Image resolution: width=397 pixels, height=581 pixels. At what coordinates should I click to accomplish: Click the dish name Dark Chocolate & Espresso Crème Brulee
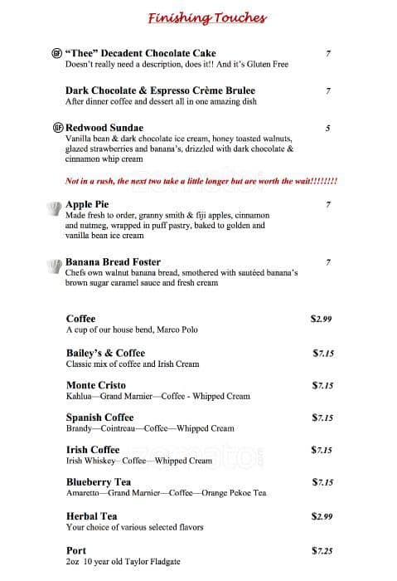click(148, 90)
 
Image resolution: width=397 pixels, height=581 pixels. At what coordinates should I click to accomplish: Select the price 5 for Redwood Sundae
click(328, 128)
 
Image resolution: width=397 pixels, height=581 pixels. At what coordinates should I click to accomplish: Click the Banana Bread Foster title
click(113, 262)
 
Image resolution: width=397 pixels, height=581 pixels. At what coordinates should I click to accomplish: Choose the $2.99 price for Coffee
click(322, 319)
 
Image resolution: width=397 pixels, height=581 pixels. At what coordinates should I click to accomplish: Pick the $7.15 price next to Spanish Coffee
click(322, 417)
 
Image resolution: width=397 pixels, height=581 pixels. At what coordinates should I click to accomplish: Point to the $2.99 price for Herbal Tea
click(322, 516)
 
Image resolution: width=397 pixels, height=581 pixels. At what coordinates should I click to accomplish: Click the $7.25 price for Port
click(322, 550)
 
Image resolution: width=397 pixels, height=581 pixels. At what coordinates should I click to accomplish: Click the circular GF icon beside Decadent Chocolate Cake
click(56, 54)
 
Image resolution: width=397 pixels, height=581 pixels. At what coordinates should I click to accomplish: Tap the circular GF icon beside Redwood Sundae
click(56, 128)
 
